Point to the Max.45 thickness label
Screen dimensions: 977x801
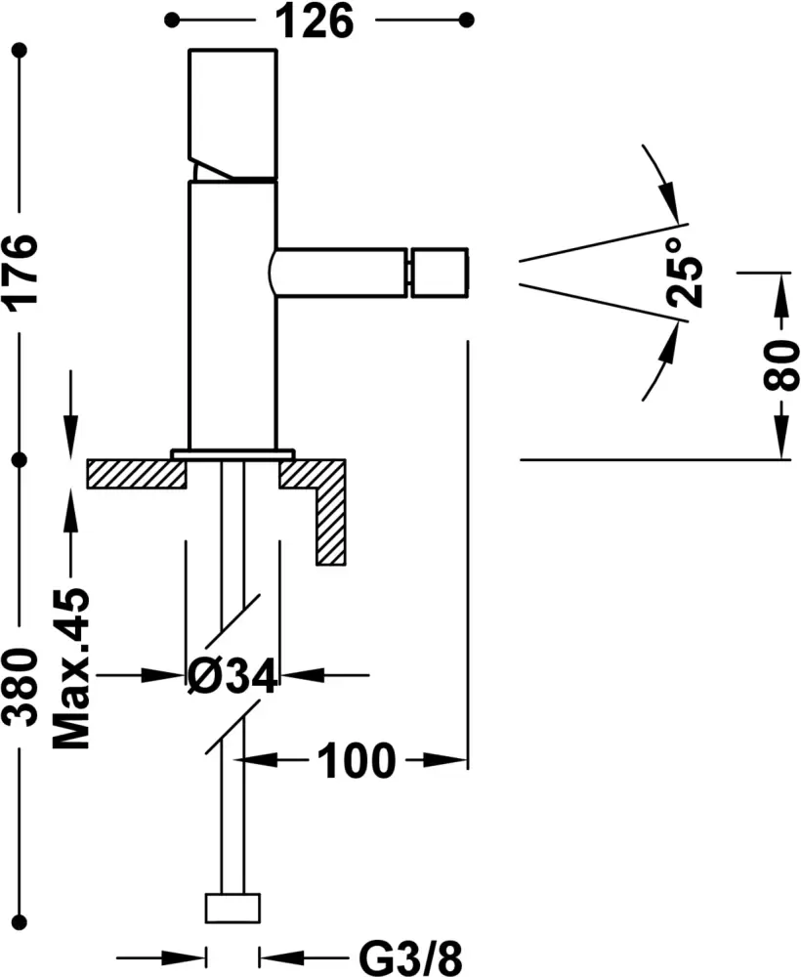coord(70,668)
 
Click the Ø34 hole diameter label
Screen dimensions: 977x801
coord(232,674)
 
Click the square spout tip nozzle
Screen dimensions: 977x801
coord(440,273)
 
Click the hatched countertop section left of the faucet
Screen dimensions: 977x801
coord(137,474)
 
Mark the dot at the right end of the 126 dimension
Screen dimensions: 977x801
coord(466,19)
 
